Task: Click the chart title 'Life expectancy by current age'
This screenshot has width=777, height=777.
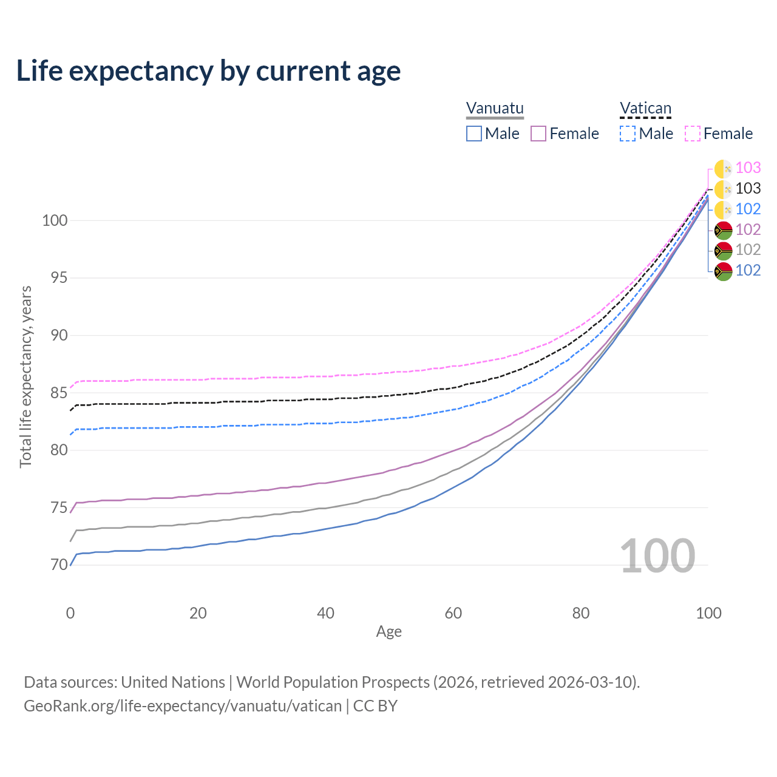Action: click(x=208, y=72)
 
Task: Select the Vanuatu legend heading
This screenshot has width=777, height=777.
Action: click(x=495, y=108)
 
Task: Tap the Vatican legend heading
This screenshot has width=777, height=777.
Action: click(x=645, y=108)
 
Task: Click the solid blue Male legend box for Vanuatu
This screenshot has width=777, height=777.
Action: click(x=473, y=134)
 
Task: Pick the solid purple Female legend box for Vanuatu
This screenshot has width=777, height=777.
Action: click(x=538, y=134)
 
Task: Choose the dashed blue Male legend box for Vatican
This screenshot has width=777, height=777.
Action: click(x=628, y=134)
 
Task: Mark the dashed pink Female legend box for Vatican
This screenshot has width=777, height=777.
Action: click(x=693, y=134)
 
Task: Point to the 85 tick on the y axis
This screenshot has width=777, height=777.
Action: click(x=59, y=393)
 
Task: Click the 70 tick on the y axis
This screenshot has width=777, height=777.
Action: click(x=59, y=565)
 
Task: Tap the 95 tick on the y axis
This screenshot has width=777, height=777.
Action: click(x=59, y=278)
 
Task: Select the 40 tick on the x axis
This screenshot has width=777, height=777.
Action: click(x=325, y=613)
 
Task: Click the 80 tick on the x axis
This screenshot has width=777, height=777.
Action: click(x=581, y=613)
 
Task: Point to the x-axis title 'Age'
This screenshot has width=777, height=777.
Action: click(x=388, y=632)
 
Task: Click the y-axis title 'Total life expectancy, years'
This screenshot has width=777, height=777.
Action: click(x=25, y=377)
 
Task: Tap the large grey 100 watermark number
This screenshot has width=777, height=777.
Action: click(x=657, y=556)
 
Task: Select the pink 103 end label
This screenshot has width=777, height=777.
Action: click(x=748, y=168)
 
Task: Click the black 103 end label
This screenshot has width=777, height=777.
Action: click(x=748, y=188)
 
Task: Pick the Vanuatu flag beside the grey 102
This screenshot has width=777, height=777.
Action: click(x=724, y=251)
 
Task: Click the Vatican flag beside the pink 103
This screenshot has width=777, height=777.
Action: click(x=724, y=169)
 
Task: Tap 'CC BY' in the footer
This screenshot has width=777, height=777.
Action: click(x=375, y=706)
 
